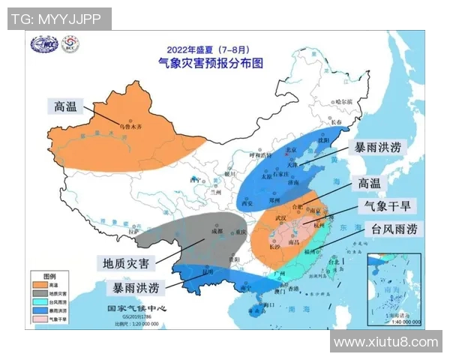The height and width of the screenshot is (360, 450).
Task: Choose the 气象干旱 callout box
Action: (x=391, y=206)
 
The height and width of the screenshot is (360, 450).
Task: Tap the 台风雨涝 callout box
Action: (x=394, y=229)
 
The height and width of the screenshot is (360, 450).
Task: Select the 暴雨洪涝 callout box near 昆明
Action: (x=136, y=289)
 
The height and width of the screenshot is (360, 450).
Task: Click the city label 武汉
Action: (x=282, y=217)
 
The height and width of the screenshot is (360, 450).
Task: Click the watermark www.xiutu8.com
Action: (x=385, y=342)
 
